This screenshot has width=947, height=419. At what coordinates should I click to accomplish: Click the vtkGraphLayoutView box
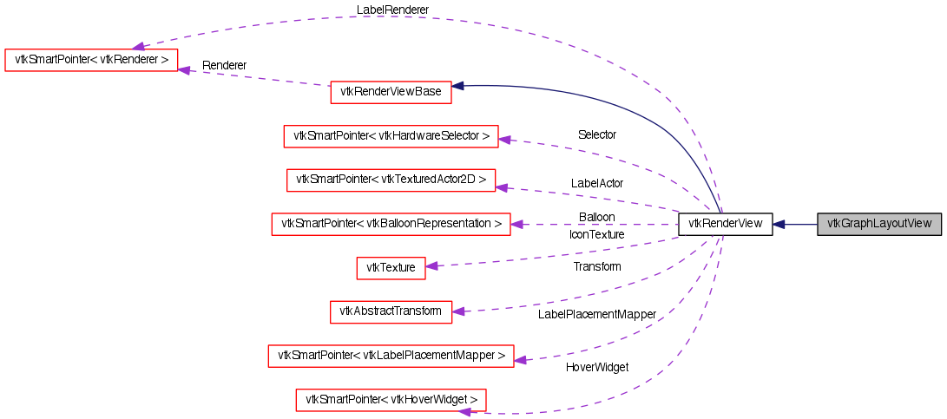[x=879, y=224]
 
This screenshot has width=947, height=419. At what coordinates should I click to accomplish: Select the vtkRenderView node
[x=725, y=224]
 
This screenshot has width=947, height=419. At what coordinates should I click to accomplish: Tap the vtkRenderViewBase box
[x=391, y=92]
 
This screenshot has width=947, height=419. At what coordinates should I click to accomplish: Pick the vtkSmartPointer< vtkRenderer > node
[x=91, y=60]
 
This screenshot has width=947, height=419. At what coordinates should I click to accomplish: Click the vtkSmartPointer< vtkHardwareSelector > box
[x=391, y=136]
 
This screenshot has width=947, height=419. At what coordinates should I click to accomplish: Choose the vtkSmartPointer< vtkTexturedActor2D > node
[x=391, y=180]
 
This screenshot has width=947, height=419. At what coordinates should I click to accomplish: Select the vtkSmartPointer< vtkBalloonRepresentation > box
[x=391, y=224]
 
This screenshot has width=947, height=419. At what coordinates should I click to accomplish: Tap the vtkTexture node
[x=391, y=268]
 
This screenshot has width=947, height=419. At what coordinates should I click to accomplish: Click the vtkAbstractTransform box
[x=391, y=311]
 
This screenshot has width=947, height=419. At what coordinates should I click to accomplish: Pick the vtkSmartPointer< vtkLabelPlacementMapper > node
[x=391, y=356]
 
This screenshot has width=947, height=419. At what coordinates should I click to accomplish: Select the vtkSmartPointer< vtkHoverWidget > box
[x=391, y=400]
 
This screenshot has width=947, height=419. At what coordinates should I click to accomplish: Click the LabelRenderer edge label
[x=392, y=10]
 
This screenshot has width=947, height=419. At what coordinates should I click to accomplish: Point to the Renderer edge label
[x=224, y=65]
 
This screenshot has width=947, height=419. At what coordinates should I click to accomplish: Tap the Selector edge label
[x=596, y=134]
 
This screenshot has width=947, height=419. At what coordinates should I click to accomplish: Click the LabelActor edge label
[x=596, y=183]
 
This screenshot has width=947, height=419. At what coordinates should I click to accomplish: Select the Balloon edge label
[x=596, y=217]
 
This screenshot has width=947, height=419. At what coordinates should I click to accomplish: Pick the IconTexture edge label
[x=596, y=234]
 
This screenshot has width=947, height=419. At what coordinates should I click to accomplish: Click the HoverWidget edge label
[x=596, y=367]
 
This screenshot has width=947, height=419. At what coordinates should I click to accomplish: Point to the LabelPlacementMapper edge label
[x=596, y=313]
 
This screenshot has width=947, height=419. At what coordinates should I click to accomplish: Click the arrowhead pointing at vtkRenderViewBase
[x=458, y=86]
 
